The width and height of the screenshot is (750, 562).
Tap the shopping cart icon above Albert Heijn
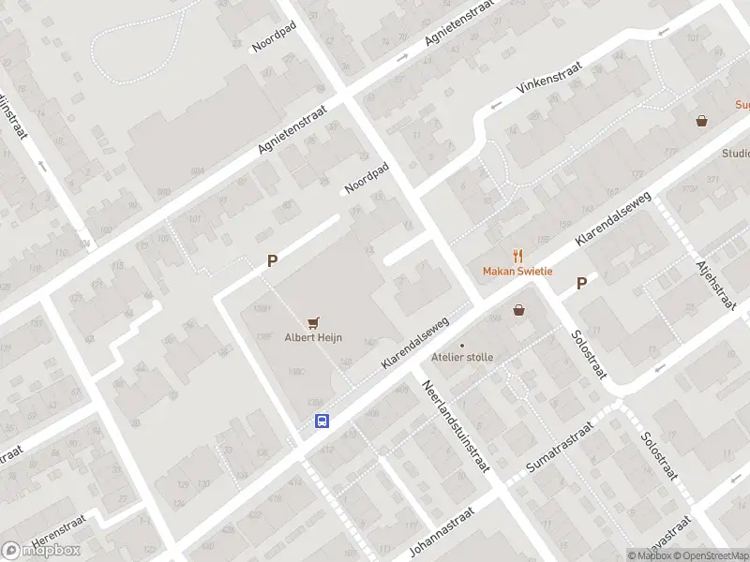[312, 322]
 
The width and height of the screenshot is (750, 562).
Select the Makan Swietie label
[517, 272]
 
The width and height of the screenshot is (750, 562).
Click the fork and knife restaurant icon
[517, 256]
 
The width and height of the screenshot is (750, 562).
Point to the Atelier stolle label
[461, 358]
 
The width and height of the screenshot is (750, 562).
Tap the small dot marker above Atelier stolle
[461, 345]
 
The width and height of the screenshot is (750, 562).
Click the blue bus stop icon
[322, 421]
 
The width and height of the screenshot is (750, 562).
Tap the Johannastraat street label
[443, 531]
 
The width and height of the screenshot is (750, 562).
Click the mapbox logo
[41, 550]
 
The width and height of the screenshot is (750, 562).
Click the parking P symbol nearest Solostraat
[581, 283]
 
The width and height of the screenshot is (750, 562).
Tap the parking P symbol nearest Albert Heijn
[272, 262]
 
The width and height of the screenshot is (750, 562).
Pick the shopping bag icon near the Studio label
[701, 121]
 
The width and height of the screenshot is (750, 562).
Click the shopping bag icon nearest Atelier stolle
[518, 310]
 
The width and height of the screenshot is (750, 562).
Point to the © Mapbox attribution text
[649, 555]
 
